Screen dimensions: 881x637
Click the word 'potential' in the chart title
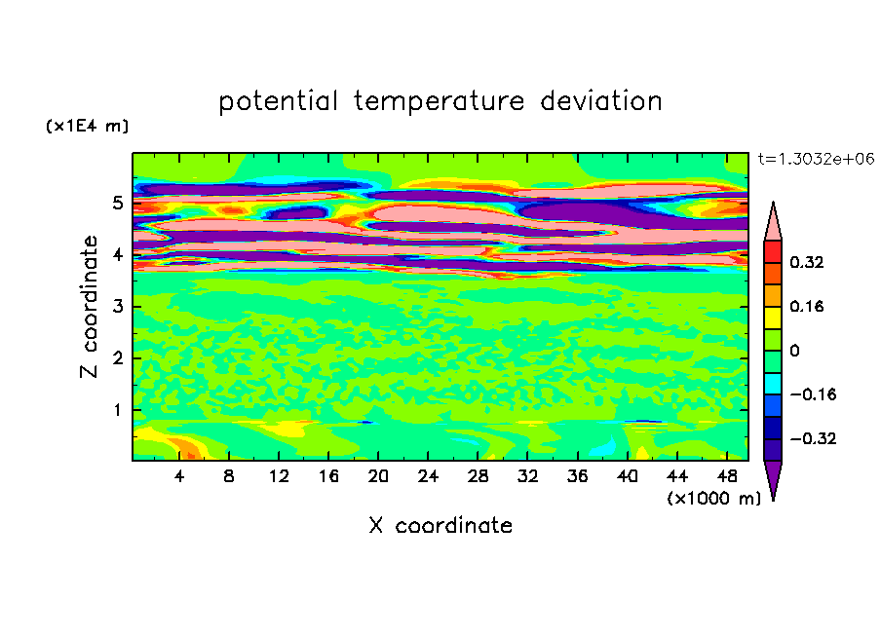pos(278,102)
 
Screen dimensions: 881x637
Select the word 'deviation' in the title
pos(601,100)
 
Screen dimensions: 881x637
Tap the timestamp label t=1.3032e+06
pos(816,159)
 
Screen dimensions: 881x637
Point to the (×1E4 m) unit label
pos(87,126)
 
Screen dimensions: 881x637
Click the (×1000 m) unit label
pos(713,498)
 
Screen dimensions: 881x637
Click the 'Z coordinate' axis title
pos(89,307)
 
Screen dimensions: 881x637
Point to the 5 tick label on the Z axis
pos(117,203)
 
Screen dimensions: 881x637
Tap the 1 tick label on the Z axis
pos(117,410)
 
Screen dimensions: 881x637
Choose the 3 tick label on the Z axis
pos(117,307)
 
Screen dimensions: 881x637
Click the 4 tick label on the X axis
pos(179,476)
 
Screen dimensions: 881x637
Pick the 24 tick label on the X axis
pos(428,476)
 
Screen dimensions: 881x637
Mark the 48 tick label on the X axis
pos(727,476)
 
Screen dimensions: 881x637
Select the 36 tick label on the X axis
pos(578,476)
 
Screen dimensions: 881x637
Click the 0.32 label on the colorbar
pos(807,262)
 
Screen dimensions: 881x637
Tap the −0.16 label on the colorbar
pos(813,394)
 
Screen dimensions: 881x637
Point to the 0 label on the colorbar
pos(794,351)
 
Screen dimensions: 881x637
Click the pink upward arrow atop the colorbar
pos(773,221)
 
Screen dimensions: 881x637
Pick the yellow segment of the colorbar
pos(773,318)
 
